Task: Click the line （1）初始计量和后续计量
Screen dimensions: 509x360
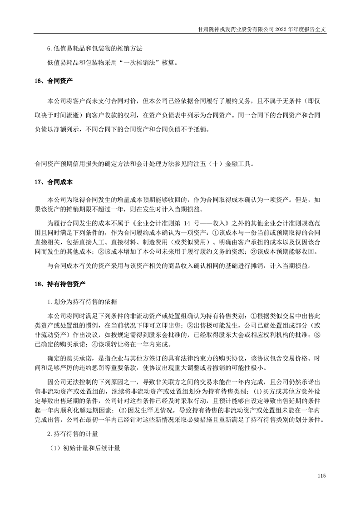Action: (85, 449)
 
